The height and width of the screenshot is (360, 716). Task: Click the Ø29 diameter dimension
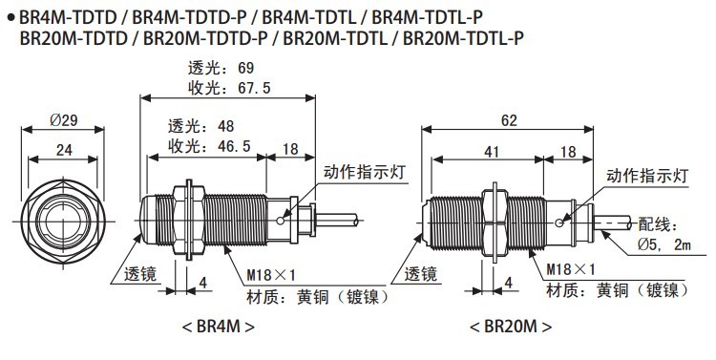63,120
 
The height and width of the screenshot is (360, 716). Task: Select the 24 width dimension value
64,150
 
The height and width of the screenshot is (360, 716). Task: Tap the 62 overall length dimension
509,120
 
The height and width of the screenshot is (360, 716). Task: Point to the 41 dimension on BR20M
492,151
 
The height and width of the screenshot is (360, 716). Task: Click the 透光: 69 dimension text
221,68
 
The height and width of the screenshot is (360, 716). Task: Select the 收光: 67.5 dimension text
229,88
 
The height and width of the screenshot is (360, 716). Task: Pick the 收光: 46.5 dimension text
210,146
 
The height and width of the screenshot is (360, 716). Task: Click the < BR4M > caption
219,327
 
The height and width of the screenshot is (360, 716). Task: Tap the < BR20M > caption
511,327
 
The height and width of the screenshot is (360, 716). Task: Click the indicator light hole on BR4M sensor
280,222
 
